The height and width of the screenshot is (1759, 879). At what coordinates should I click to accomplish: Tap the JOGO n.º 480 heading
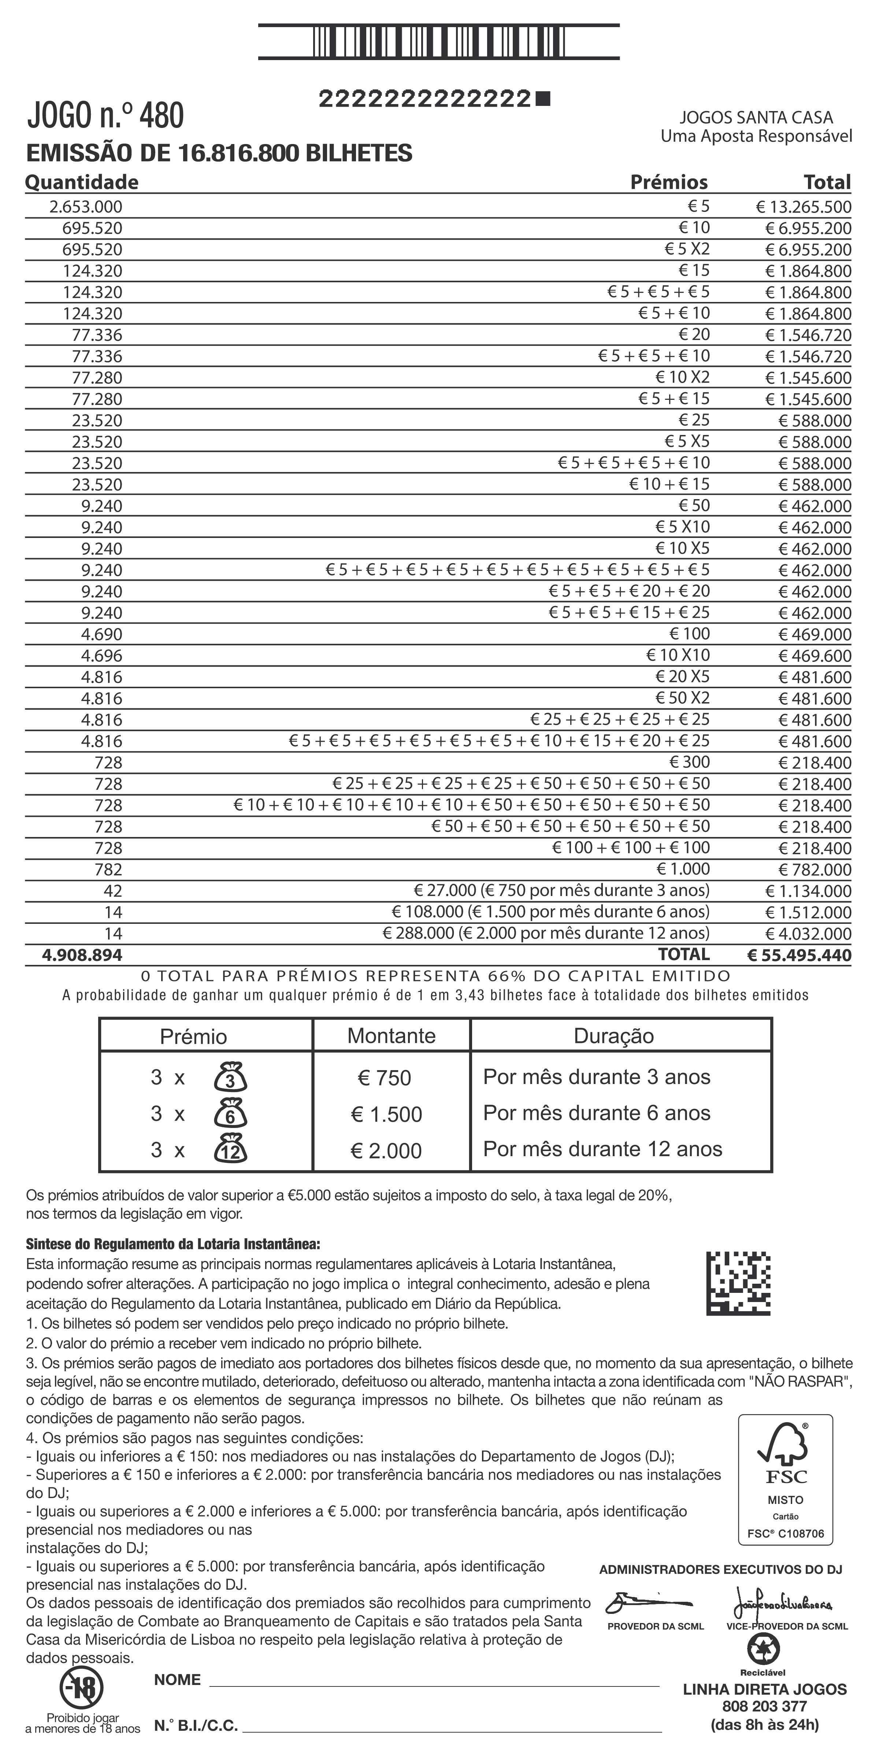click(106, 115)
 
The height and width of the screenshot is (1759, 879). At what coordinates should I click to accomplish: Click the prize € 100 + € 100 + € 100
click(631, 847)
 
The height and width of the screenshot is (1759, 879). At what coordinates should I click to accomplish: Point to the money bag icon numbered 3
click(231, 1078)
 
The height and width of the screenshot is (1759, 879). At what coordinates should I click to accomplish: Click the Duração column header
click(613, 1036)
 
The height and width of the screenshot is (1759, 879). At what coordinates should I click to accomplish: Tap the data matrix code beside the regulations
click(738, 1283)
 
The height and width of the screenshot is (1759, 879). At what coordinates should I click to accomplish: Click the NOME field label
click(177, 1680)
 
